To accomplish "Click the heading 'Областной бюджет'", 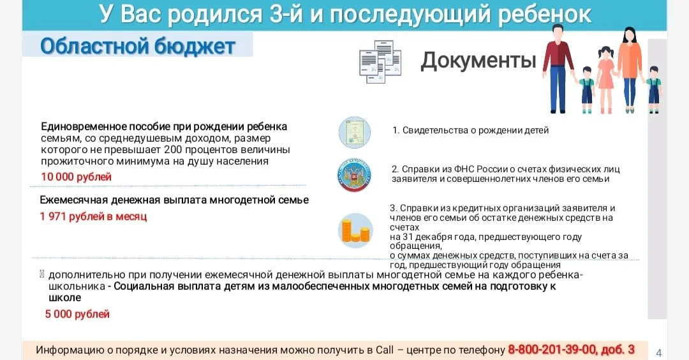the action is pos(138,46).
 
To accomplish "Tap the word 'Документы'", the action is pos(478,61).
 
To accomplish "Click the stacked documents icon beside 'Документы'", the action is pos(380,61).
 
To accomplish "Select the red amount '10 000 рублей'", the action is pos(76,177).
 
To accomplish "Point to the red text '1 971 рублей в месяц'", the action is pos(93,216).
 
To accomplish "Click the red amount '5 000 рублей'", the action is pos(77,314).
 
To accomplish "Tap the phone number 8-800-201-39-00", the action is pos(552,349).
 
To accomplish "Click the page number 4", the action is pos(658,352).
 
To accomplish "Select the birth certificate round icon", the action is pos(355,132).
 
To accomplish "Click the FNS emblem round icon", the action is pos(354,175).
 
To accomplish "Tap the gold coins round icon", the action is pos(355,231).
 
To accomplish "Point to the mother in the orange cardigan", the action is pos(629,70).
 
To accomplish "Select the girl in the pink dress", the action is pos(605,79).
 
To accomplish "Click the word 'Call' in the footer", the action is pos(385,350).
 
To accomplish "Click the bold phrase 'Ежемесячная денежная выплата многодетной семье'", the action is pos(174,200).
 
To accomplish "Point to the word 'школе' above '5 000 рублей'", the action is pos(64,297).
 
